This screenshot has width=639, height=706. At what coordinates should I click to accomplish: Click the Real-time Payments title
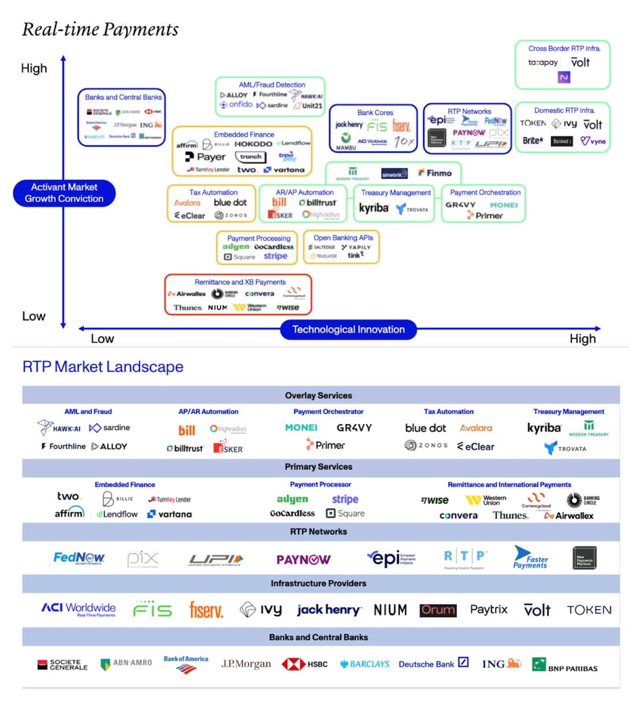(x=100, y=30)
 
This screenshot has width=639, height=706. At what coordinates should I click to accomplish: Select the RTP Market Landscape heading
(x=103, y=366)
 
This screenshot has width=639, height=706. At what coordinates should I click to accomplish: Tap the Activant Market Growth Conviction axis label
(x=64, y=193)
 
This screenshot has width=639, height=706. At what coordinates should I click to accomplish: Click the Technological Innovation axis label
(x=348, y=330)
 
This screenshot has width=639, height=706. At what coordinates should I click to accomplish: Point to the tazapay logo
(x=543, y=63)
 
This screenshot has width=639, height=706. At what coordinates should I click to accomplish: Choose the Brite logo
(x=532, y=140)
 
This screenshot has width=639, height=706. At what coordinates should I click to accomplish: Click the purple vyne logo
(x=593, y=141)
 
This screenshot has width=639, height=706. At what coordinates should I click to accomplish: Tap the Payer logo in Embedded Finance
(x=205, y=157)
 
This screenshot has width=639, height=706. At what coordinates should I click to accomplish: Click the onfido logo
(x=236, y=104)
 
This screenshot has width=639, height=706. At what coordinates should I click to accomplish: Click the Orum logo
(x=438, y=610)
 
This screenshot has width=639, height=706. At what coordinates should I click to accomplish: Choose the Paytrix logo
(x=489, y=610)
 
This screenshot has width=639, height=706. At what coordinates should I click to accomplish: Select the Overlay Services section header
(x=319, y=396)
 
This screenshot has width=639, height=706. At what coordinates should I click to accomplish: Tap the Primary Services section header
(x=319, y=467)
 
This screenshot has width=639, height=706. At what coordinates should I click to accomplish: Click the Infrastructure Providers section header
(x=319, y=583)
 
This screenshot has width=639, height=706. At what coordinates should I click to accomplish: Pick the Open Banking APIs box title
(x=343, y=237)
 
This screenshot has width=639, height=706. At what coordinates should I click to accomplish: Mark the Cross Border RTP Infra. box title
(x=564, y=48)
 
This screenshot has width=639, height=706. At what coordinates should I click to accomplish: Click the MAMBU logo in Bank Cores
(x=346, y=141)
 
